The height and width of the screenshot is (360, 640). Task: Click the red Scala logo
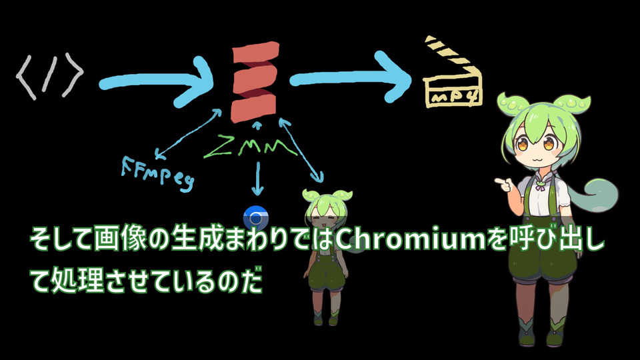[x=254, y=81]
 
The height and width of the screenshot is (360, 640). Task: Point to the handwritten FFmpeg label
[x=157, y=171]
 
